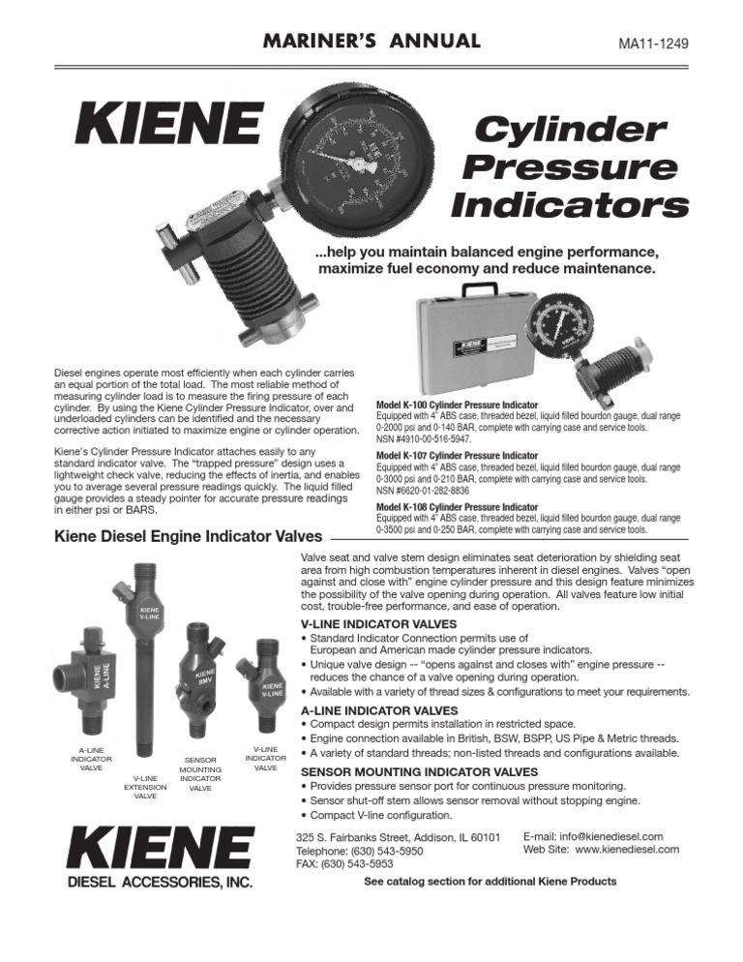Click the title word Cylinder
tap(573, 129)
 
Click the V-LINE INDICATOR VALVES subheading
tap(380, 624)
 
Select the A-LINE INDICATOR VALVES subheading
tap(380, 709)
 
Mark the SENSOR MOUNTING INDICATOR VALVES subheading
tap(421, 771)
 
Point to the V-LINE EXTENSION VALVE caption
tap(145, 787)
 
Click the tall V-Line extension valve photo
tap(148, 677)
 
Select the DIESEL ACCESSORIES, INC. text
tap(160, 882)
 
